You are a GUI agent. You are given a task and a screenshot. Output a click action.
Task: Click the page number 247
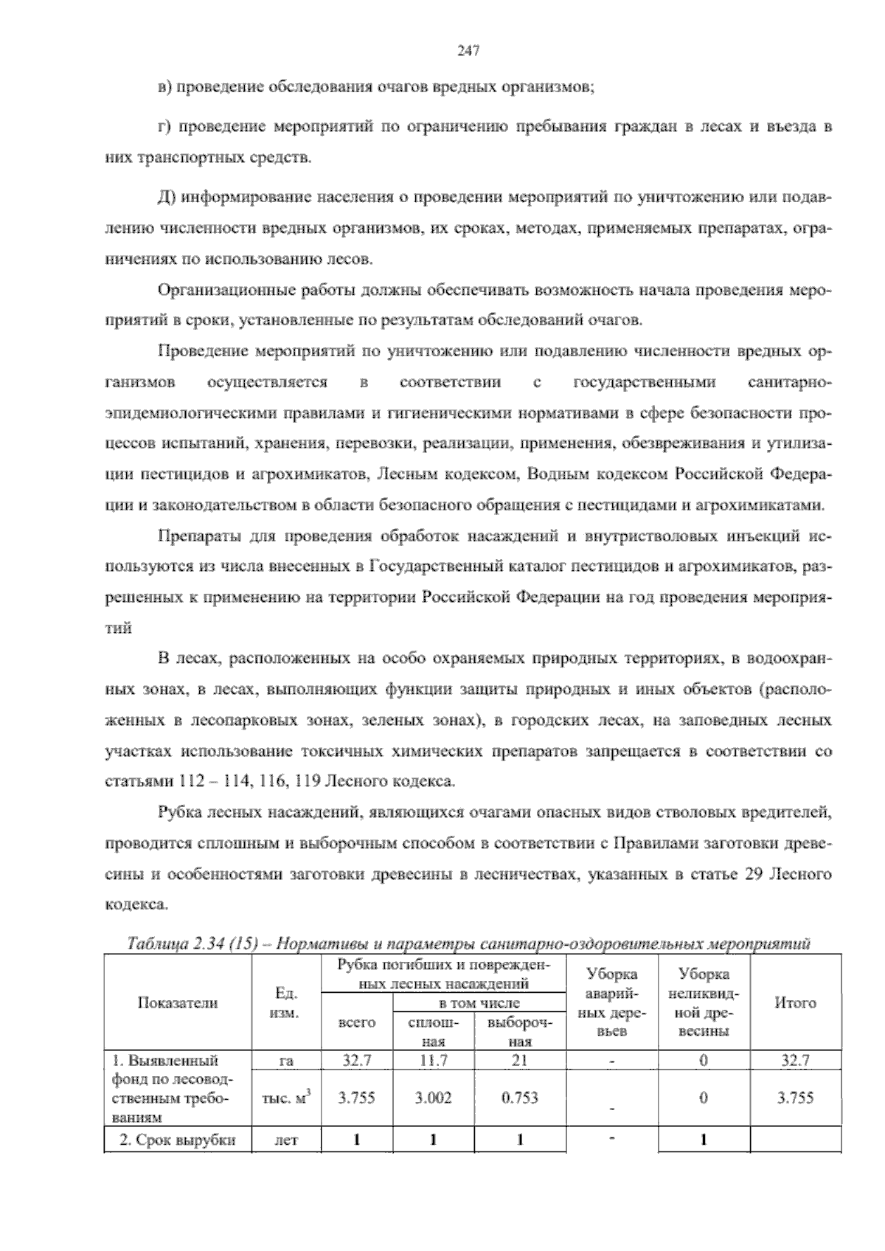(x=468, y=50)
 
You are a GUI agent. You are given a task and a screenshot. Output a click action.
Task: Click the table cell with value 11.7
(x=433, y=1061)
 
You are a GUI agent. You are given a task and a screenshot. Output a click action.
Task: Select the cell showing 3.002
(x=433, y=1098)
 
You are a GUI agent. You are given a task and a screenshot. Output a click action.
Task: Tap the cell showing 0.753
(x=519, y=1098)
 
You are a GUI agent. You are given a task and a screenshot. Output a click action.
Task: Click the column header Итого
(x=795, y=1002)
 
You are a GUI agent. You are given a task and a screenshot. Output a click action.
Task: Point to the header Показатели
(x=178, y=1002)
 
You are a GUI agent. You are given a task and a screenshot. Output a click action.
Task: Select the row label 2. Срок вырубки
(x=178, y=1140)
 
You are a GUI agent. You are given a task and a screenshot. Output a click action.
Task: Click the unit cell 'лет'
(x=286, y=1140)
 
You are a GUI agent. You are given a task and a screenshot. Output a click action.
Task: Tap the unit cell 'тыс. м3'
(x=286, y=1098)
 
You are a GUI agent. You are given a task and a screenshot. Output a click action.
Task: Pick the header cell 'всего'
(x=356, y=1022)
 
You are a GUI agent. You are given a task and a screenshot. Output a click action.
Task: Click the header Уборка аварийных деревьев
(x=611, y=1002)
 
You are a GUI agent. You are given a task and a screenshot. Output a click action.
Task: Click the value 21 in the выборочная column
(x=519, y=1061)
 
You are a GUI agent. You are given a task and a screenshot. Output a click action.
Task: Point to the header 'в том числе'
(x=479, y=1002)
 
